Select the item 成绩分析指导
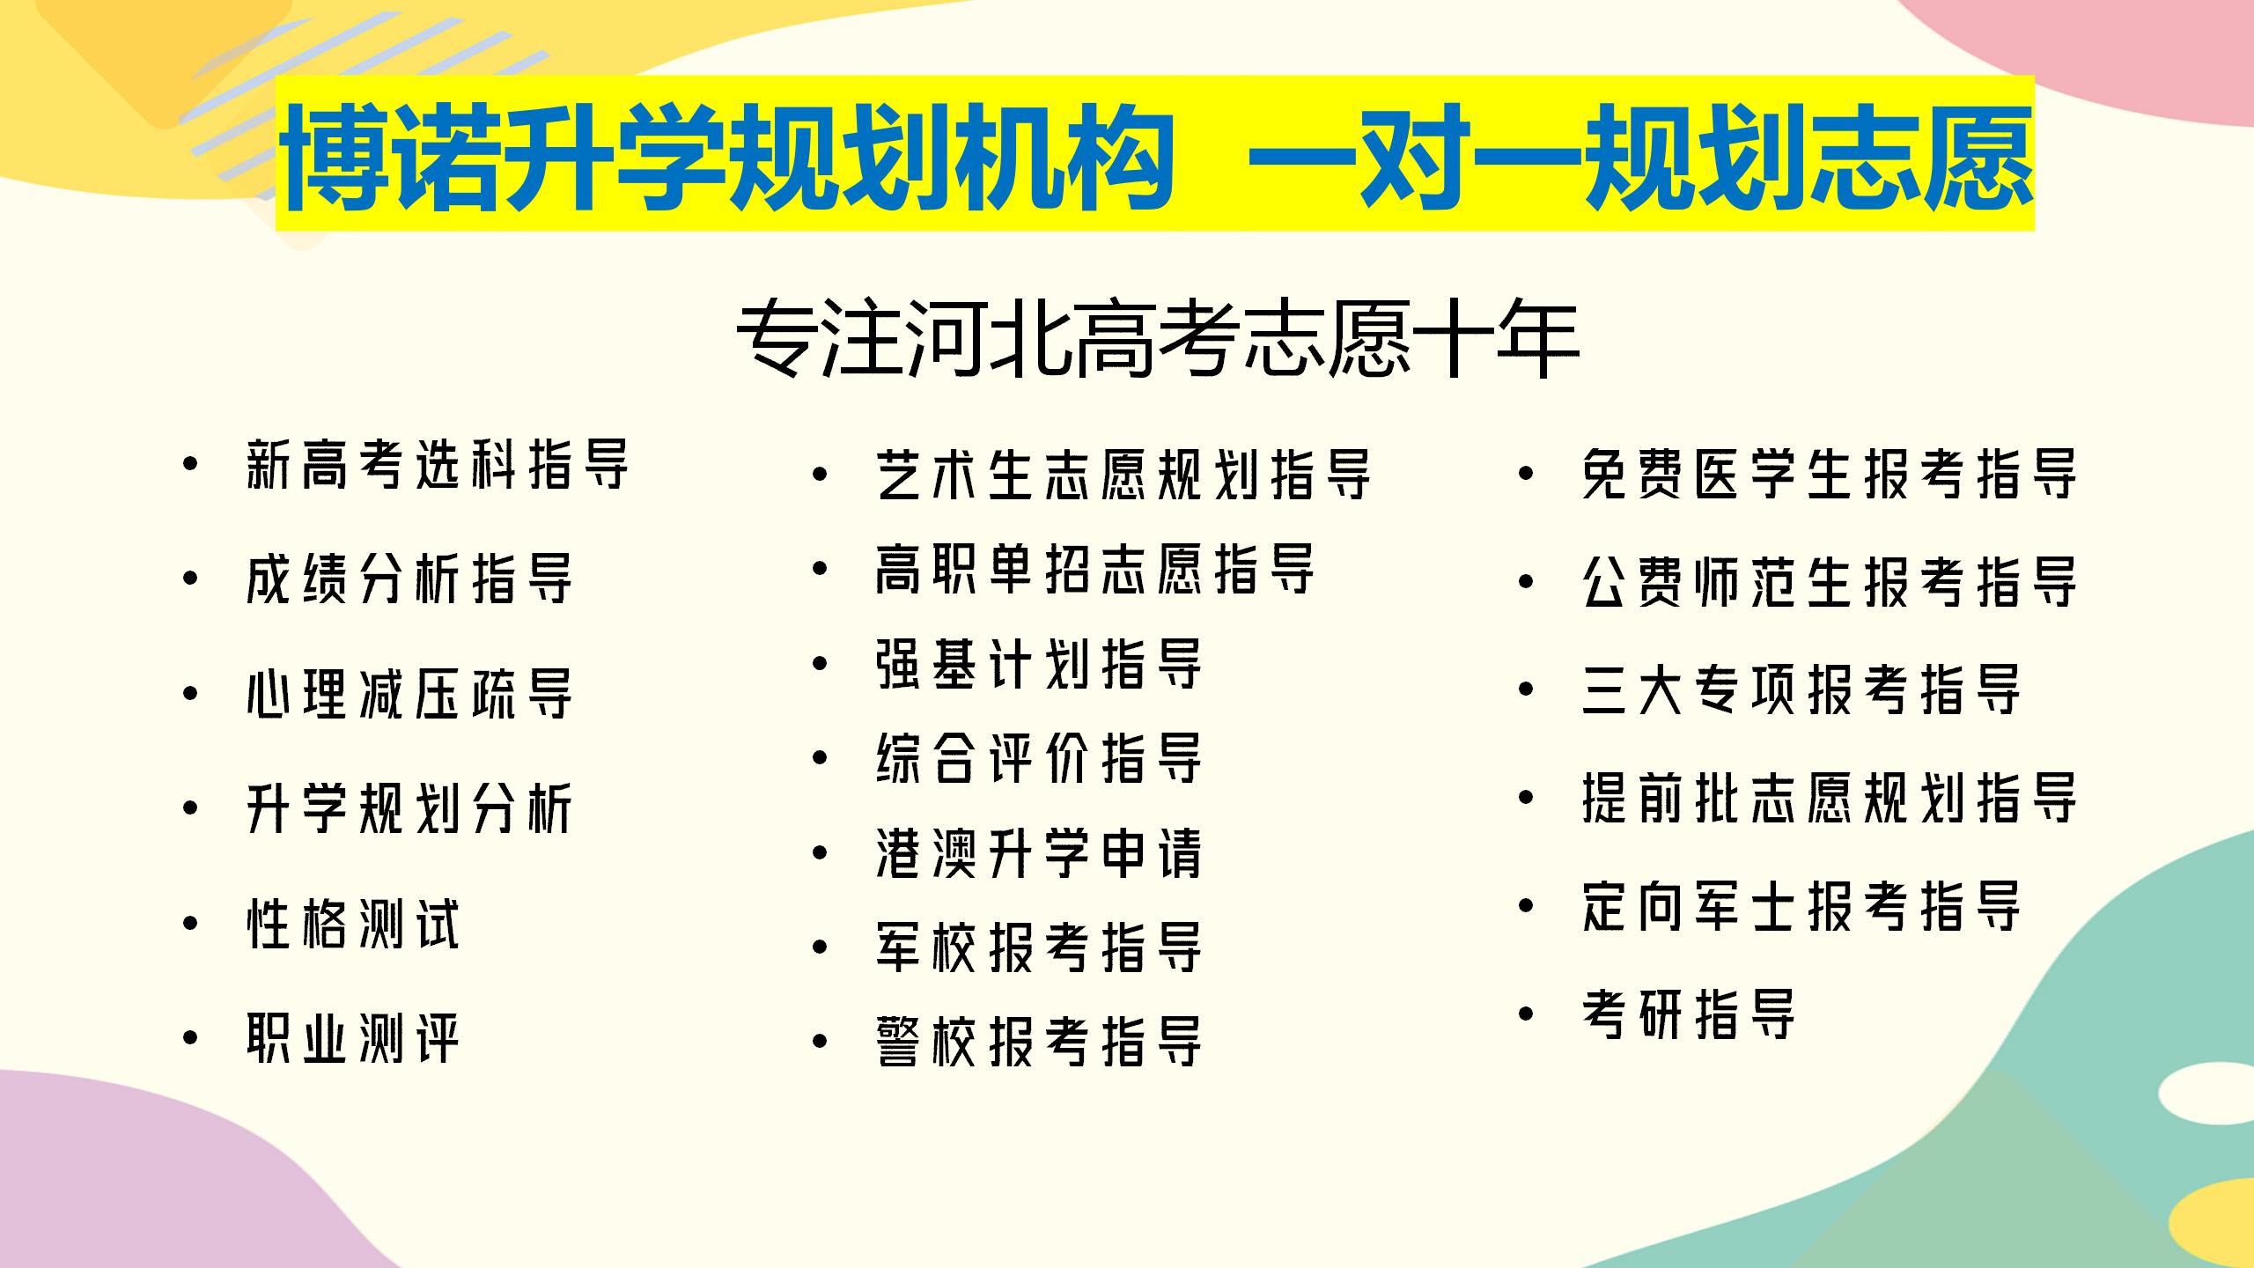click(x=409, y=579)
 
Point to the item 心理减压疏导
click(x=409, y=694)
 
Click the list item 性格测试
click(x=353, y=924)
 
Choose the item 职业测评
click(x=353, y=1038)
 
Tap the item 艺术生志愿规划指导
click(x=1123, y=475)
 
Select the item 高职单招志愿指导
click(x=1095, y=570)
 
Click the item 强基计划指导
click(x=1039, y=665)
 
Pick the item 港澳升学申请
click(x=1039, y=853)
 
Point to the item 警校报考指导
click(x=1039, y=1042)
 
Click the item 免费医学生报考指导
click(x=1830, y=475)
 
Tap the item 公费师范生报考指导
click(x=1830, y=582)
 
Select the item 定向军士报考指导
click(x=1801, y=906)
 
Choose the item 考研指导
click(x=1689, y=1014)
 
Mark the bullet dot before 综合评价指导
click(x=821, y=758)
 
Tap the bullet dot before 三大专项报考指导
click(x=1527, y=689)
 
